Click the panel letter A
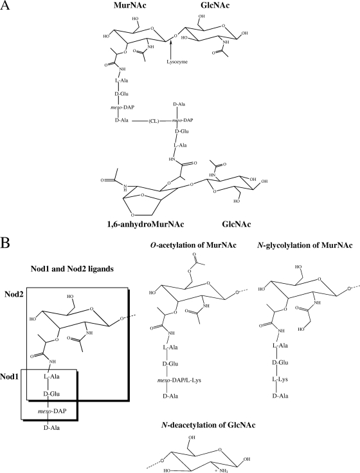click(5, 6)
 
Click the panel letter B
click(4, 243)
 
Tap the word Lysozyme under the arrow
click(177, 62)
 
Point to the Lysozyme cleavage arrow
click(171, 49)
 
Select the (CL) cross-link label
click(154, 120)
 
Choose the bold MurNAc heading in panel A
click(130, 5)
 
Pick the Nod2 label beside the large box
click(14, 295)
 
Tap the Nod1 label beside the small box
click(10, 376)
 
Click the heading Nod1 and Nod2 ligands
click(72, 269)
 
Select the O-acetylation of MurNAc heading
click(193, 245)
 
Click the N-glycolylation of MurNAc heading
click(305, 245)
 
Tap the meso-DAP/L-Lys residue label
click(179, 380)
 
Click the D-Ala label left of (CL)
click(122, 120)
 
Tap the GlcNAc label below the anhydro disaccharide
click(237, 225)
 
